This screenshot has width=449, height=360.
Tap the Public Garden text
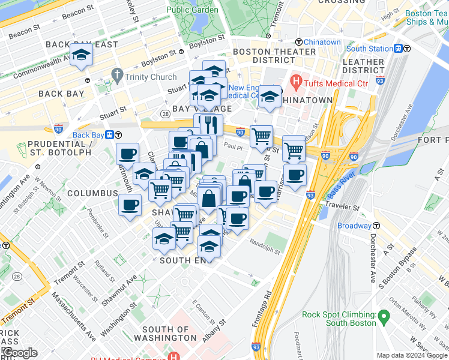click(x=193, y=10)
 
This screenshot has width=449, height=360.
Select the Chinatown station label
click(x=322, y=42)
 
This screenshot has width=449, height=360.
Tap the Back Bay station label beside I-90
click(x=89, y=135)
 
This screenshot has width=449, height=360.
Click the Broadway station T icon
click(x=376, y=226)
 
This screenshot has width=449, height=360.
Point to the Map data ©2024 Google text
click(x=412, y=355)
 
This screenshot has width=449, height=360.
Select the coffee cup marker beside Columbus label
click(x=130, y=206)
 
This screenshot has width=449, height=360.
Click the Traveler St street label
click(x=342, y=207)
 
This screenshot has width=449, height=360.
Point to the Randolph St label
click(x=265, y=242)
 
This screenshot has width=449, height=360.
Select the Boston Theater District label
click(x=274, y=56)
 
